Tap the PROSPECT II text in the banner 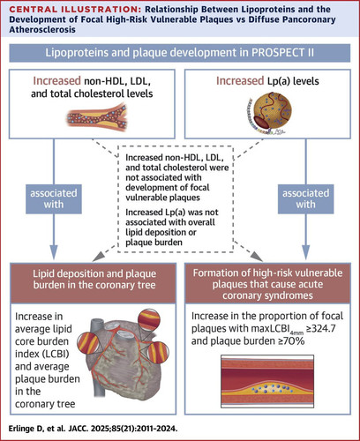(x=282, y=53)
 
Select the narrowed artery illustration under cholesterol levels (x=97, y=116)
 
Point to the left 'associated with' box (x=54, y=198)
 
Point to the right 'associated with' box (x=306, y=198)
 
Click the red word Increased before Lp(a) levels (x=240, y=81)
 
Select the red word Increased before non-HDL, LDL (x=56, y=81)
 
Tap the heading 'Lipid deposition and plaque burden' (x=94, y=279)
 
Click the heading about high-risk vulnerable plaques (x=267, y=284)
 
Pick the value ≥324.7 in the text (x=321, y=328)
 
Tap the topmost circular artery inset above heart (x=150, y=320)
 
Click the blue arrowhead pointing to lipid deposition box (x=54, y=251)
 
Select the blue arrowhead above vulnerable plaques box (x=306, y=251)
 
